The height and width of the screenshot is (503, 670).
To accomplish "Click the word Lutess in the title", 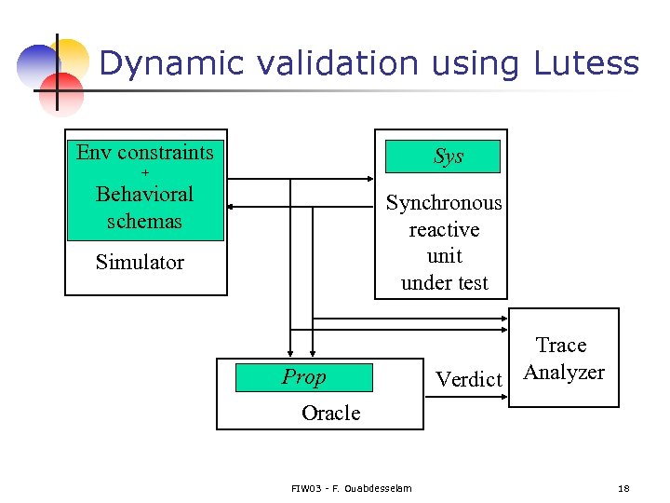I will click(586, 63).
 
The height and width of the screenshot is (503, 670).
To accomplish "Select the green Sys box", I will click(448, 156).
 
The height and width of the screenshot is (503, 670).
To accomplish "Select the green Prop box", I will click(303, 377).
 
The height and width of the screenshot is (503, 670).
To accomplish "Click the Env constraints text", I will click(144, 153).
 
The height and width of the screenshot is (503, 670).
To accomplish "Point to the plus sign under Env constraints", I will click(144, 174).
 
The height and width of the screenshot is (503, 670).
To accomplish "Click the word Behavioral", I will click(144, 195).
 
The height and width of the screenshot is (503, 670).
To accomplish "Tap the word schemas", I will click(144, 222).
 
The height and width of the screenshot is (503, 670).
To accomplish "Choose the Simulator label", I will click(140, 263).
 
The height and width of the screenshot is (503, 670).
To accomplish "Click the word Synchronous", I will click(444, 203).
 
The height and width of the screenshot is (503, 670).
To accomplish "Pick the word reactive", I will click(444, 230).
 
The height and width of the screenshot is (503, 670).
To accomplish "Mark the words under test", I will click(444, 283).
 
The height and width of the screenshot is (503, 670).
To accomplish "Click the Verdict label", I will click(469, 379).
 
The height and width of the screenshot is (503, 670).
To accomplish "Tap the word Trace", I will click(561, 346).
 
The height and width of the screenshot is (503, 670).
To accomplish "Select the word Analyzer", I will click(564, 373).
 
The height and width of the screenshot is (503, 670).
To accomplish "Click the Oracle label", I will click(330, 413).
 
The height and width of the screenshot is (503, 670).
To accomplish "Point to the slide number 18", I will click(623, 488).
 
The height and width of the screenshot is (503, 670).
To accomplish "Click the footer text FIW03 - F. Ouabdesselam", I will click(351, 488).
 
